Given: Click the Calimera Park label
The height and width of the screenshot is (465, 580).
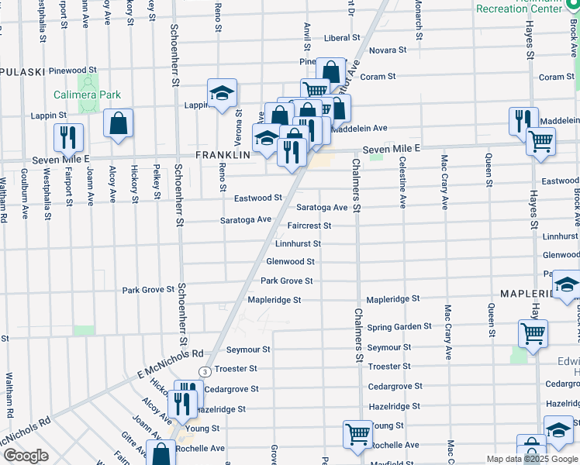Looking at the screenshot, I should tap(87, 95).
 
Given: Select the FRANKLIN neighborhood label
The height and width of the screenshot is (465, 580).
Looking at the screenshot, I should tap(223, 154).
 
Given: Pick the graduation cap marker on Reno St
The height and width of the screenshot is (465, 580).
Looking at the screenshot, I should tap(221, 93).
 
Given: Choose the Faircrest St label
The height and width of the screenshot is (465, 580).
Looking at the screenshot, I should tap(309, 226).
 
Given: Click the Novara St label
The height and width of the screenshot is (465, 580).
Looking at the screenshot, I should tap(387, 50).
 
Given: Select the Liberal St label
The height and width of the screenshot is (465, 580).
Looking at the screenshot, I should tap(343, 37).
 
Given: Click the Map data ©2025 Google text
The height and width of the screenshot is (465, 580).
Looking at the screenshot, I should tap(531, 459).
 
